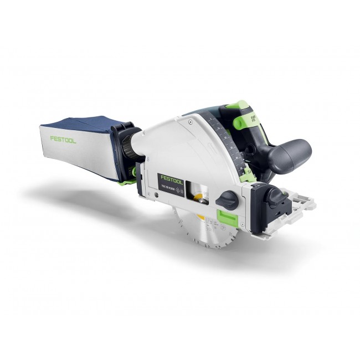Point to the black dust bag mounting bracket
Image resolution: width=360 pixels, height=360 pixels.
119,150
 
